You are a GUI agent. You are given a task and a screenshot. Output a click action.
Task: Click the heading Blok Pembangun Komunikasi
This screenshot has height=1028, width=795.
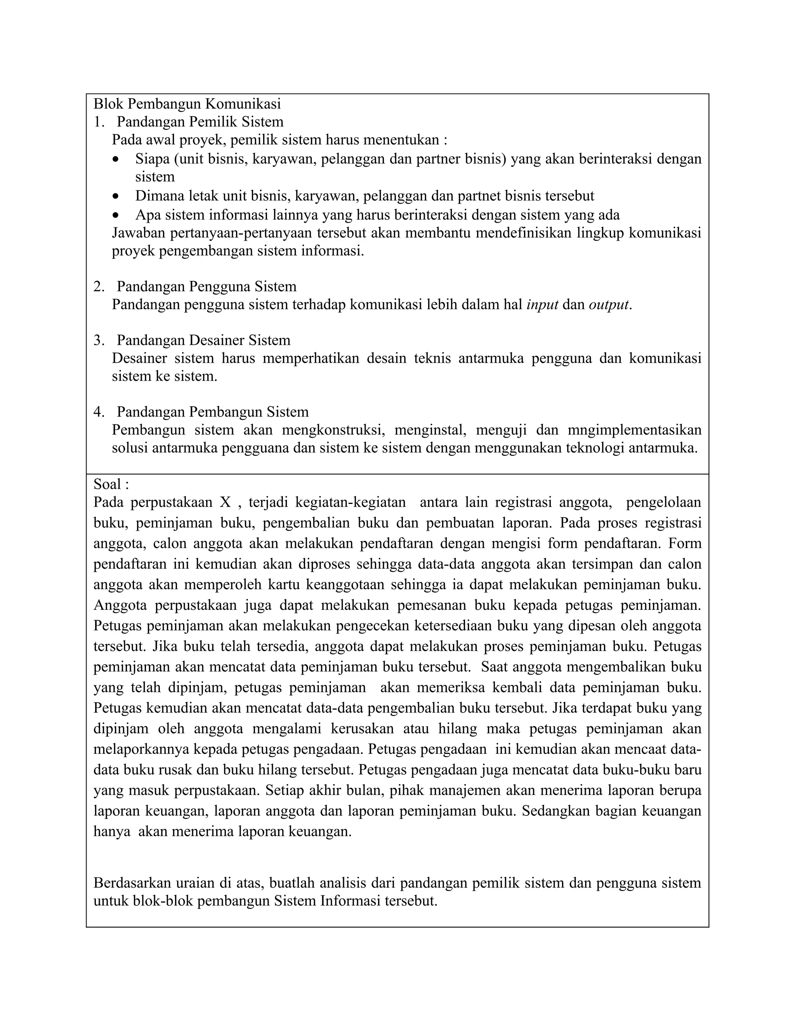pyautogui.click(x=187, y=104)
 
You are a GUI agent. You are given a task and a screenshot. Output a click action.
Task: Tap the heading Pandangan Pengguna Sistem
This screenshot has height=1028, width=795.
pyautogui.click(x=206, y=286)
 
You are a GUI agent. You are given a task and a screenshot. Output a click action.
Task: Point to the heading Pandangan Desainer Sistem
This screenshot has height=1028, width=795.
pyautogui.click(x=203, y=340)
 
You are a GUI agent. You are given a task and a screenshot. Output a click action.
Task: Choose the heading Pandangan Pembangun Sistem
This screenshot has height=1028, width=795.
pyautogui.click(x=212, y=412)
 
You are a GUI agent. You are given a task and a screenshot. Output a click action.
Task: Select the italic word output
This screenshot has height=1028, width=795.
pyautogui.click(x=609, y=305)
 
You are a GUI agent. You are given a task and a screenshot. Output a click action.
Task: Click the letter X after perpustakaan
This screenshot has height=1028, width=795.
pyautogui.click(x=225, y=502)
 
